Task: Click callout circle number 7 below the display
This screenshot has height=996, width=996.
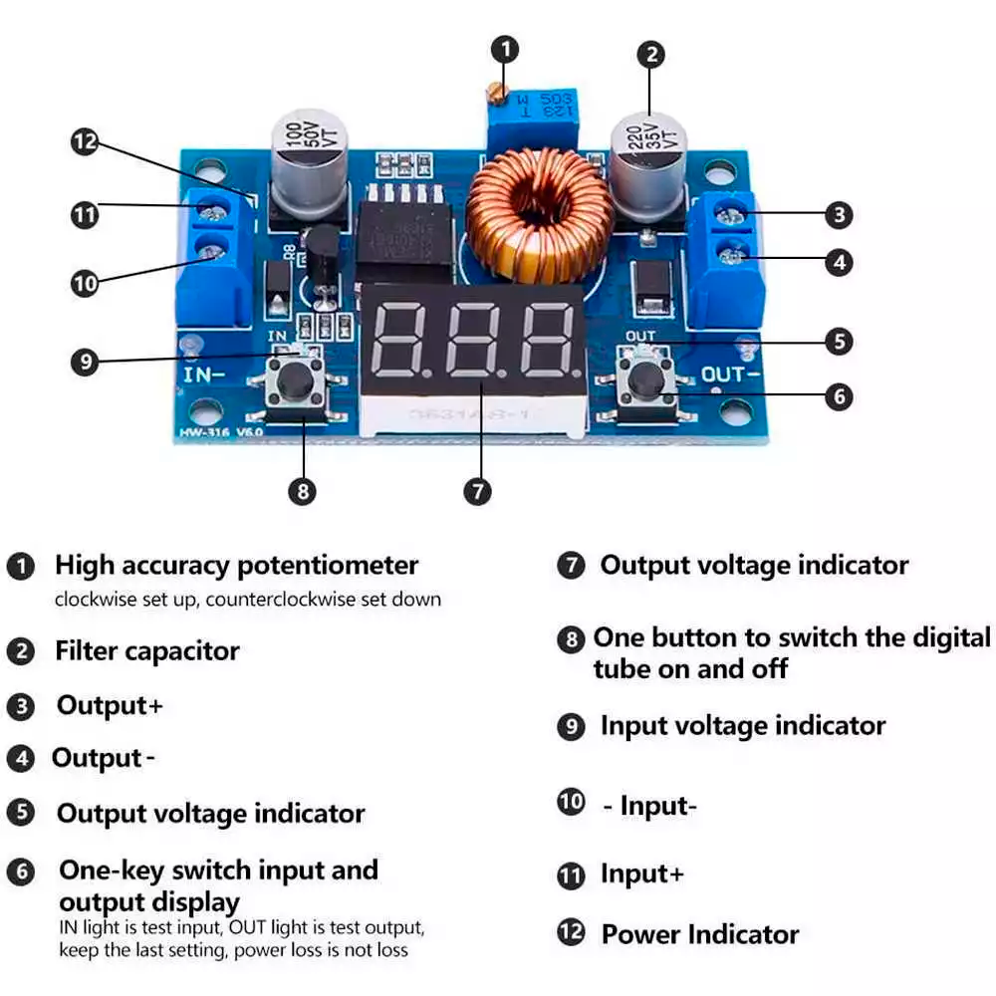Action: (x=478, y=491)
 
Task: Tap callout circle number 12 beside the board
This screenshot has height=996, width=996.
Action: (x=85, y=141)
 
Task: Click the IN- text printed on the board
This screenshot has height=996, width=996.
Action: (x=203, y=375)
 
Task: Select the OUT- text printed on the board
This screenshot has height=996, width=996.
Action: (x=731, y=374)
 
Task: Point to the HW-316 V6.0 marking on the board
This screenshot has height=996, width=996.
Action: (x=220, y=432)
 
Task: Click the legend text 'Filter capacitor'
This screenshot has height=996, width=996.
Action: (x=147, y=651)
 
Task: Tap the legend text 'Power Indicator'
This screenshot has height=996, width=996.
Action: (x=699, y=934)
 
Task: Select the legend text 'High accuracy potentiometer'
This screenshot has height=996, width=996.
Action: (x=236, y=566)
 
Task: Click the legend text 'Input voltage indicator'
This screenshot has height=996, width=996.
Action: (x=742, y=725)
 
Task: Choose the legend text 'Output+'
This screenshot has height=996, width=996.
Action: (x=109, y=705)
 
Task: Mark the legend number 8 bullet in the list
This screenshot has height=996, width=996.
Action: (x=571, y=639)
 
